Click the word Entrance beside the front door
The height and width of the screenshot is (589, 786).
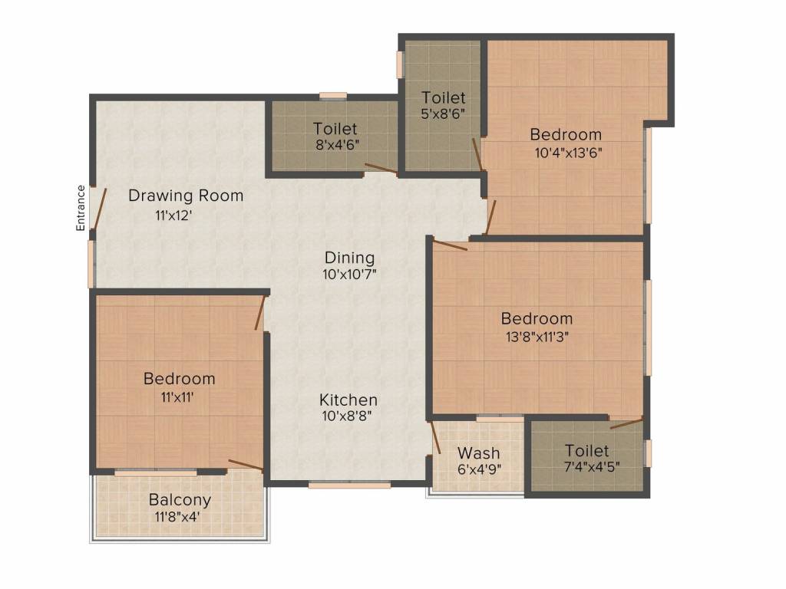81,208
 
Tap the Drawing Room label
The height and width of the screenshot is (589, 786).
186,196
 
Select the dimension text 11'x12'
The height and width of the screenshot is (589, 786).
174,216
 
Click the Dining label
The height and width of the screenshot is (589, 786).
349,258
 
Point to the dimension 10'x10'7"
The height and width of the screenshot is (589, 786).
349,275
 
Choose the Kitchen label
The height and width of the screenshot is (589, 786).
348,400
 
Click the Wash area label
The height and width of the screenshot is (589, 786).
479,452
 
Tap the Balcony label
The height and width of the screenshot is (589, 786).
180,500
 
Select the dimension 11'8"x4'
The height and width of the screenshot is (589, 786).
178,516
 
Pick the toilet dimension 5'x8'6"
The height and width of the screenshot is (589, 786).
443,114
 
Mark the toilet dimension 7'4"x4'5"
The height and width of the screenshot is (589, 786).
592,467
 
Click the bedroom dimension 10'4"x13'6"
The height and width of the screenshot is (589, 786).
569,153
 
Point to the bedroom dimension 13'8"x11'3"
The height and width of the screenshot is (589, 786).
537,336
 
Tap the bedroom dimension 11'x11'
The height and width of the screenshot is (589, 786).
177,397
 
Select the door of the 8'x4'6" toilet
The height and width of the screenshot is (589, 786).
381,168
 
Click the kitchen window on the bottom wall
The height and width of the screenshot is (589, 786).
349,485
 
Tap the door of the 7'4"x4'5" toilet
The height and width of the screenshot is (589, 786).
626,423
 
